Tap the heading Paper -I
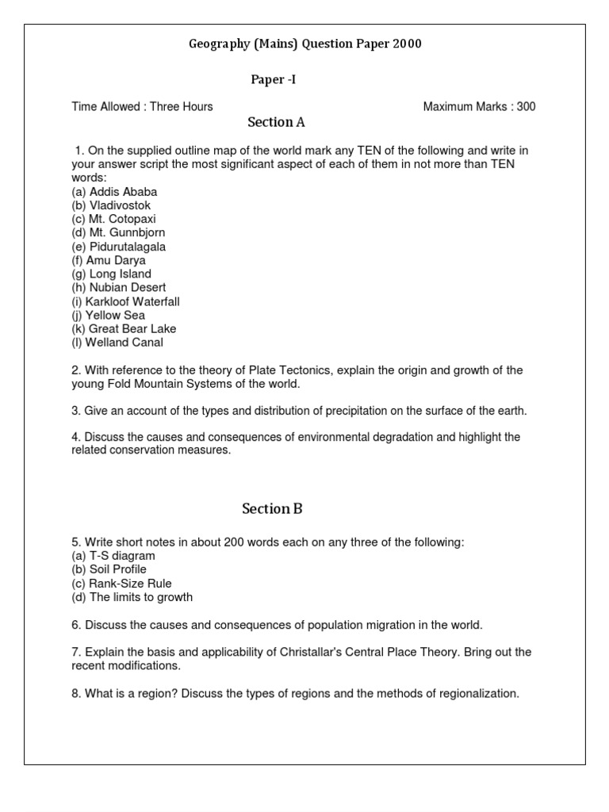click(274, 80)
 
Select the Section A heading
click(276, 122)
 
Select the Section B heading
click(273, 509)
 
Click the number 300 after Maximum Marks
click(526, 107)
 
